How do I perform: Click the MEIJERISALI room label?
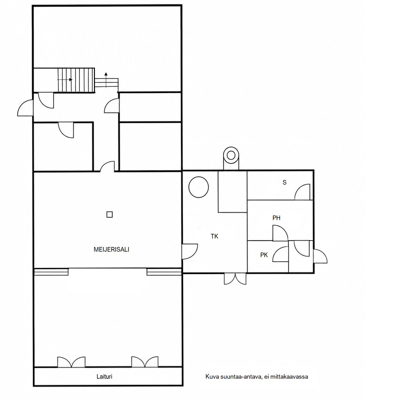coord(111,249)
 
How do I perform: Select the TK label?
coord(214,236)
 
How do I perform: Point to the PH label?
coord(276,218)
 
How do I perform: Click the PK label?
coord(264,255)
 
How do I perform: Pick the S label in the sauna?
coord(284,182)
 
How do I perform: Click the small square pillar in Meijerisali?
coord(109,214)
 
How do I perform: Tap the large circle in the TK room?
coord(198,187)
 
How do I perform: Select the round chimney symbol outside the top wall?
coord(231,156)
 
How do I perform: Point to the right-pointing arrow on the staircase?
coord(65,80)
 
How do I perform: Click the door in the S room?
coord(302,192)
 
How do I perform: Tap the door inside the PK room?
coord(280,254)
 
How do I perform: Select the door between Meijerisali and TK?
coord(190,252)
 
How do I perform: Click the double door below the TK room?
coord(235,279)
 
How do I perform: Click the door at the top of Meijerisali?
coord(107,167)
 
